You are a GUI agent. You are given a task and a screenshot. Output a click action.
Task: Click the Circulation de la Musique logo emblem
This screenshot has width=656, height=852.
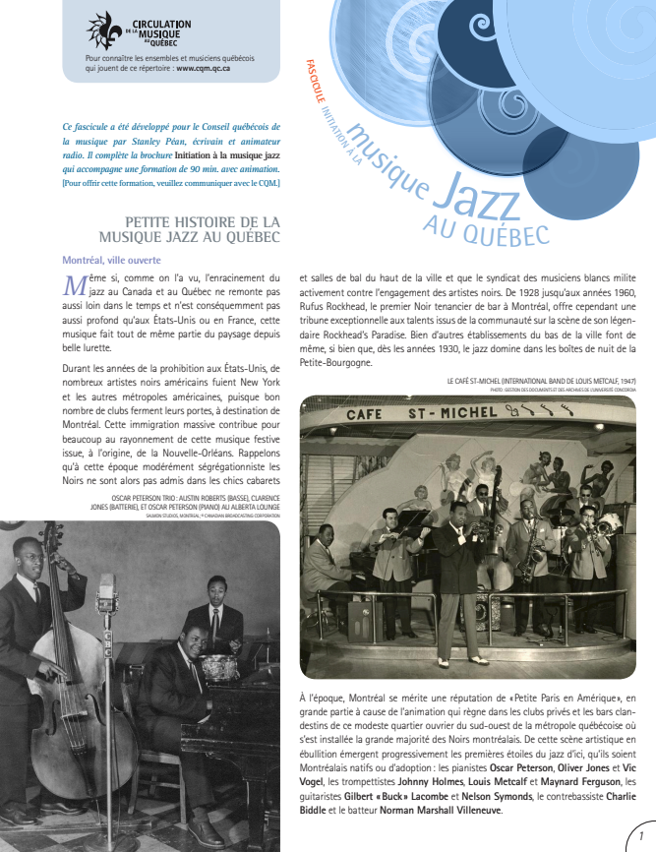point(101,30)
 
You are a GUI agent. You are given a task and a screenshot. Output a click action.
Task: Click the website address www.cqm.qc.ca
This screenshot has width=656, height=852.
point(203,68)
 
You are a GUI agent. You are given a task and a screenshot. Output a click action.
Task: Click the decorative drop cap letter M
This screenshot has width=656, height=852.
point(75,286)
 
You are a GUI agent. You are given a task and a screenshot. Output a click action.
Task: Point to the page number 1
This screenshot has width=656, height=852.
point(640,831)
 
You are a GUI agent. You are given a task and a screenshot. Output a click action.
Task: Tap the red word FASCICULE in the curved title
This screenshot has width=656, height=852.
point(315,83)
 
